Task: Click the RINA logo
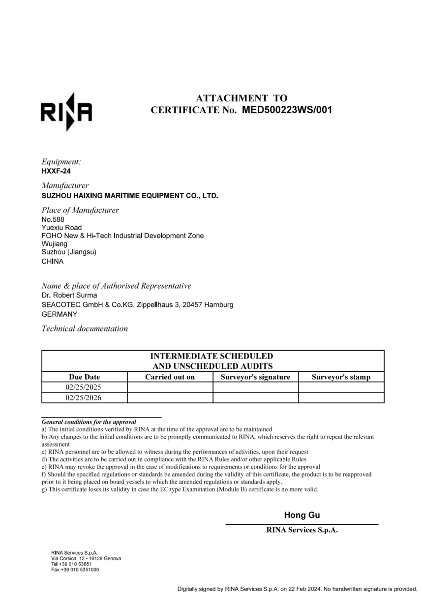(x=66, y=112)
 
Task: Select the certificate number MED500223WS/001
(x=287, y=110)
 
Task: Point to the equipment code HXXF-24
(x=57, y=171)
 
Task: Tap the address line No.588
(x=53, y=219)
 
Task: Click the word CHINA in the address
(x=53, y=261)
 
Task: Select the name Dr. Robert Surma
(x=69, y=296)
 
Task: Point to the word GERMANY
(x=60, y=314)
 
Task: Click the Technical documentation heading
(x=85, y=329)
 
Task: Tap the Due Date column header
(x=85, y=377)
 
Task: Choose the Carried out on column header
(x=170, y=377)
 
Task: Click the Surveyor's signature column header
(x=255, y=377)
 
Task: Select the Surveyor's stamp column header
(x=341, y=377)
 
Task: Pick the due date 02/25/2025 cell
(x=84, y=388)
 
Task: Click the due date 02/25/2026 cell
(x=84, y=398)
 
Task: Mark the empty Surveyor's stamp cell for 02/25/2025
(x=341, y=388)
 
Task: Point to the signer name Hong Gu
(x=302, y=515)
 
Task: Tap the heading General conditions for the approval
(x=89, y=422)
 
